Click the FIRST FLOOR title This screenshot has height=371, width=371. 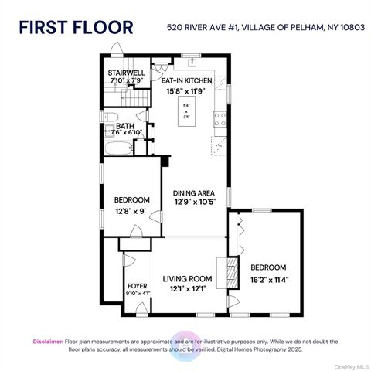click(76, 27)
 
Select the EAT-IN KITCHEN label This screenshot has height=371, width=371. click(187, 80)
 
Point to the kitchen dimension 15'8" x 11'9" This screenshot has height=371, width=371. click(187, 91)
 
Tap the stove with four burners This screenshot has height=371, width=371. click(220, 120)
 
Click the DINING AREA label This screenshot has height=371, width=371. click(192, 192)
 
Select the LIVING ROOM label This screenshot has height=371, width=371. click(186, 279)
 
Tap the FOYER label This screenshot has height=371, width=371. click(137, 285)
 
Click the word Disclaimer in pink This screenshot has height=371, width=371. click(48, 341)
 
